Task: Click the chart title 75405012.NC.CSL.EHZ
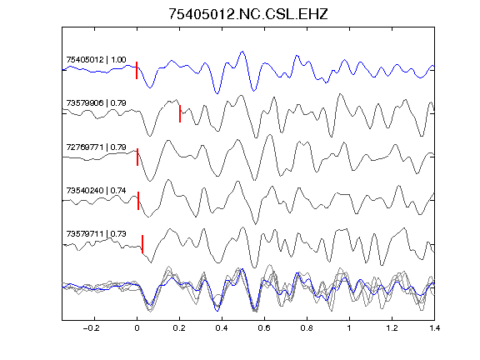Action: tap(248, 14)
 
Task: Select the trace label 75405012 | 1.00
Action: tap(96, 59)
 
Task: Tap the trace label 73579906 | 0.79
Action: tap(96, 102)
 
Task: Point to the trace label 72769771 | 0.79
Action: tap(96, 147)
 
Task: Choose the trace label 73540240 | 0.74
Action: tap(96, 190)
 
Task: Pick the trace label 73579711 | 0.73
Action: tap(96, 234)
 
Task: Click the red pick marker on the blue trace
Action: tap(137, 70)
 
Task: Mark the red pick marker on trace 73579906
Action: tap(180, 114)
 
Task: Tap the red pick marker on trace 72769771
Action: tap(137, 157)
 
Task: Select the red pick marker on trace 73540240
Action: tap(138, 201)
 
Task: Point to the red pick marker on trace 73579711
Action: tap(142, 244)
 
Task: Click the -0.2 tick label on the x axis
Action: tap(91, 328)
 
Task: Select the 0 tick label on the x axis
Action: tap(137, 328)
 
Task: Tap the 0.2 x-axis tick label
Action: tap(179, 328)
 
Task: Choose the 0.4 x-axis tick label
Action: tap(222, 328)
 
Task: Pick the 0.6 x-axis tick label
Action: tap(264, 328)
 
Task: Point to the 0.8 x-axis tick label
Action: tap(307, 328)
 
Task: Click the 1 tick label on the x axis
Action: tap(349, 328)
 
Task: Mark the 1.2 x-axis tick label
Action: tap(392, 328)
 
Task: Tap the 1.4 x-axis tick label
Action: tap(434, 328)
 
